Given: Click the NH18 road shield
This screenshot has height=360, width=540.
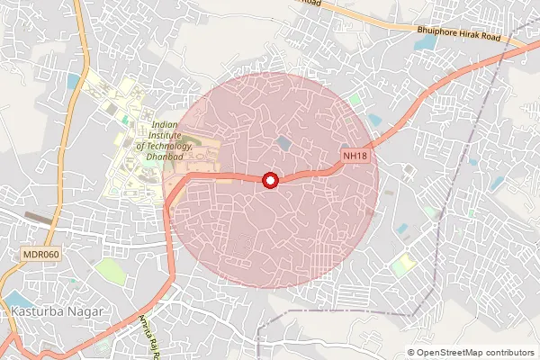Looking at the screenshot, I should [354, 157].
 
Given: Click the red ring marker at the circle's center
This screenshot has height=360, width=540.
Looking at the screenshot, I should [270, 180].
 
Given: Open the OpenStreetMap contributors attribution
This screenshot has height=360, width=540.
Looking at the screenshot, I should [473, 352].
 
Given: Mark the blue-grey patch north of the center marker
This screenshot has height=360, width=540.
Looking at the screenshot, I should [284, 143].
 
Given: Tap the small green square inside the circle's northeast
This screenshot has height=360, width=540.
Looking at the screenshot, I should [355, 99].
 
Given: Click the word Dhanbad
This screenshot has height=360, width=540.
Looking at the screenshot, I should [162, 156].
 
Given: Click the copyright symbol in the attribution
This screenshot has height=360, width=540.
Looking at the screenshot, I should [411, 352].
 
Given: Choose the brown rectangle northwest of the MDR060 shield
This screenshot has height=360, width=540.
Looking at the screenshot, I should [38, 217].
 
